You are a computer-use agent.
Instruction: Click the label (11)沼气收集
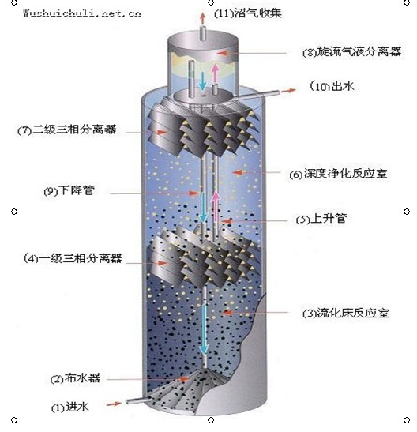248,13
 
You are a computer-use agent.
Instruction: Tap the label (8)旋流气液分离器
351,51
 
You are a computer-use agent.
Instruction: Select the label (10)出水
332,86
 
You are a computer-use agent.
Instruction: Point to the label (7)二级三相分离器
67,130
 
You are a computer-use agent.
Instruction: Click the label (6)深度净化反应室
338,174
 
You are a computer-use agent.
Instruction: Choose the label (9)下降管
69,190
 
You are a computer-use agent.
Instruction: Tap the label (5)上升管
321,219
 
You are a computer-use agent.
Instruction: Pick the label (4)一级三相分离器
73,258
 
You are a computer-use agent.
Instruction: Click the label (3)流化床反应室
346,313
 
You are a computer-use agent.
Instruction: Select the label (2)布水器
75,378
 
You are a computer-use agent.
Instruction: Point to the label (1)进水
70,408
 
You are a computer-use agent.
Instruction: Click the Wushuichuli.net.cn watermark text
82,13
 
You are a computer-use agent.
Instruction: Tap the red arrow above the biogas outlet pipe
203,18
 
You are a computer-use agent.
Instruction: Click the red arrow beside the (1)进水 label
114,404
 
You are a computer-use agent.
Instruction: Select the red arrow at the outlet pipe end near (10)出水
288,91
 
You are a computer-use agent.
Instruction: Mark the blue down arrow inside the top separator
202,81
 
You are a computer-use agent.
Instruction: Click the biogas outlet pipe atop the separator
203,33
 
